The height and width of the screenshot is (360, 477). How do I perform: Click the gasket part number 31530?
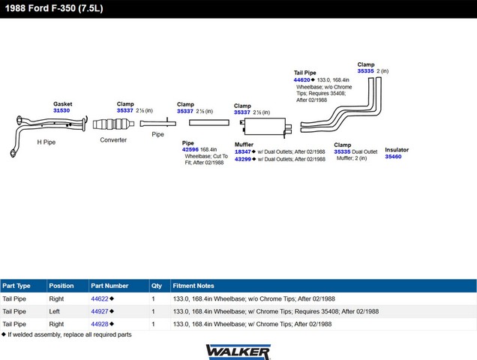coord(61,110)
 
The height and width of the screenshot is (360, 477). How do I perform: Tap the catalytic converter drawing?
coord(113,124)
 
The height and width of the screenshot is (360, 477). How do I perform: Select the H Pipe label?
coord(46,142)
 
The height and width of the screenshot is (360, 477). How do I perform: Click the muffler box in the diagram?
coord(265,126)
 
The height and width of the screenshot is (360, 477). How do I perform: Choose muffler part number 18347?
coord(243,151)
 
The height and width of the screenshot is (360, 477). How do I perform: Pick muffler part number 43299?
coord(243,159)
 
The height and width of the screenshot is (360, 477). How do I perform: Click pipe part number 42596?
coord(190,149)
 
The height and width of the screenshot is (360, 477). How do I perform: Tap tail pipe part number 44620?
coord(301,79)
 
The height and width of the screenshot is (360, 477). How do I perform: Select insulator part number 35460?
coord(393,157)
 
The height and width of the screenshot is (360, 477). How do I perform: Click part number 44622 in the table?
coord(100,298)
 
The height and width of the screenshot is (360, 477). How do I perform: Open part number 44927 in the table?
coord(100,311)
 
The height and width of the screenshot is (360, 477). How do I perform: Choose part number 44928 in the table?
coord(100,324)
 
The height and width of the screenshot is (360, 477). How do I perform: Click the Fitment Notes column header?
coord(193,286)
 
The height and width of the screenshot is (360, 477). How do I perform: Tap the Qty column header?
coord(157,286)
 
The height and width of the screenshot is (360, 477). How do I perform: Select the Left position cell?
coord(55,311)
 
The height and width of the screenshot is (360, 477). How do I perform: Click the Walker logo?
coord(238,352)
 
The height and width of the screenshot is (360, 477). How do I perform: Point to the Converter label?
coord(113,140)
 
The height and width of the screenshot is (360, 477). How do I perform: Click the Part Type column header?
coord(16,286)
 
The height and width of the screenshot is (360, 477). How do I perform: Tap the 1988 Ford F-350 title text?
coord(54,8)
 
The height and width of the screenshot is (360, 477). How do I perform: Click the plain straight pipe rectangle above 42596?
coord(209,123)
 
